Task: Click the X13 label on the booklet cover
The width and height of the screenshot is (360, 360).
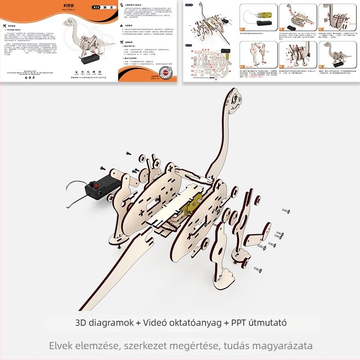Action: (95, 8)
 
